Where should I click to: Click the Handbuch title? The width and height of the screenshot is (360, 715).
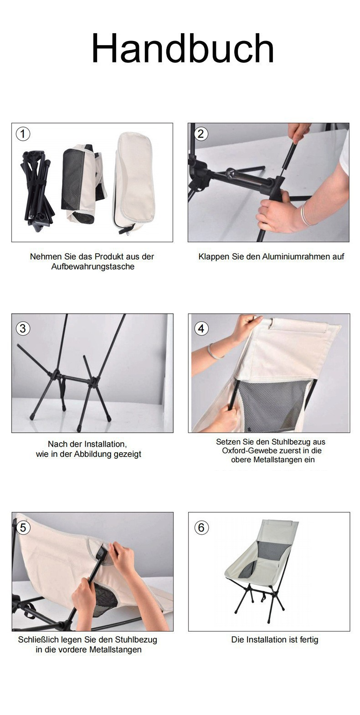click(182, 49)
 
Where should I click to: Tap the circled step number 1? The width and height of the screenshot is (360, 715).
click(23, 134)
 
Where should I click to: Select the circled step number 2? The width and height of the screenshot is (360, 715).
click(201, 134)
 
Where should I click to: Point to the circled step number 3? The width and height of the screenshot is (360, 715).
click(23, 328)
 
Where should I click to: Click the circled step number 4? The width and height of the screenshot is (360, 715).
click(201, 328)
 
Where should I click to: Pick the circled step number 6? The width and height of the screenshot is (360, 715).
click(201, 528)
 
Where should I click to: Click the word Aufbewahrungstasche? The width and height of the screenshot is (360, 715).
click(93, 267)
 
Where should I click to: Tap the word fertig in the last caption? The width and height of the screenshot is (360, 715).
click(309, 640)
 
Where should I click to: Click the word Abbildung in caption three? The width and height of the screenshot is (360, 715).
click(91, 454)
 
